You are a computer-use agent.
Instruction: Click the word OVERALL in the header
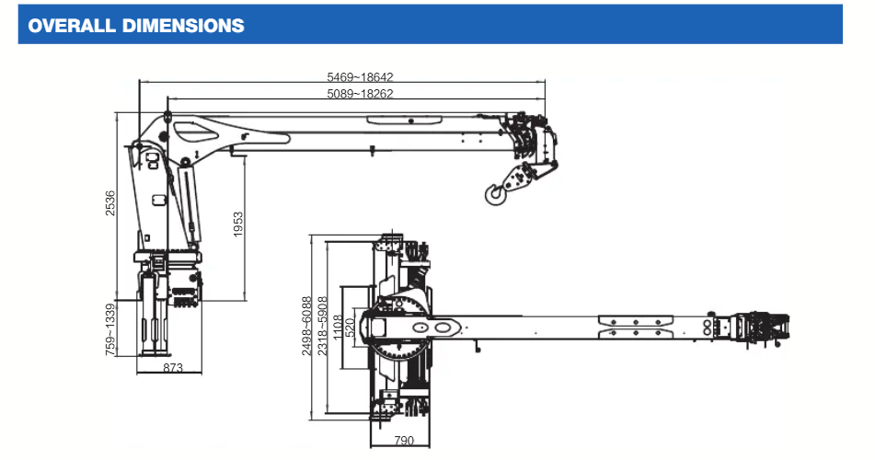(70, 26)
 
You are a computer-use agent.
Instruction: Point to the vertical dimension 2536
(111, 202)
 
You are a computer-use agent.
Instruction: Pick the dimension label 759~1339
(111, 328)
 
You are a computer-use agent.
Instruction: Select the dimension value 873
(172, 368)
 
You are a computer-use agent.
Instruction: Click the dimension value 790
(403, 441)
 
